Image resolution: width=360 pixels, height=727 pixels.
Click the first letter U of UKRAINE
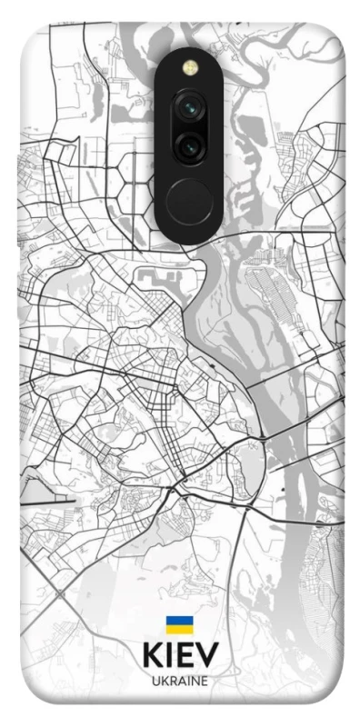155,681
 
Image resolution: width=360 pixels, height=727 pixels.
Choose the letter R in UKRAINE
172,681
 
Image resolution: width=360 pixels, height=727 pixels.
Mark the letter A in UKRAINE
181,681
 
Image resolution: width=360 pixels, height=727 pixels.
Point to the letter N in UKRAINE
195,681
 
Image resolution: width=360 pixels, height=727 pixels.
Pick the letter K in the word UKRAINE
163,681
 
